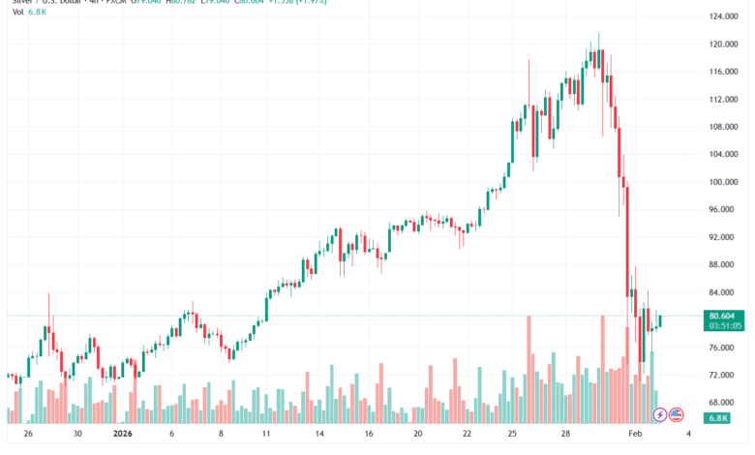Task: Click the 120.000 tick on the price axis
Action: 724,44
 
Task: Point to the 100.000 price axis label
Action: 724,182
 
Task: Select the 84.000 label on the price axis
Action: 724,292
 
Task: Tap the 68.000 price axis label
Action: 724,402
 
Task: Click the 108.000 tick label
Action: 724,127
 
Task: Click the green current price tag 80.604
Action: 724,316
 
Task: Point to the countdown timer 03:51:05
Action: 724,326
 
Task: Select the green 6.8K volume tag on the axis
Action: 718,418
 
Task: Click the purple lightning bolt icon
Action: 660,414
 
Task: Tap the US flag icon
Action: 677,414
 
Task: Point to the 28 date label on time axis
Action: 564,436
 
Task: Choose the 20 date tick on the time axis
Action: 418,436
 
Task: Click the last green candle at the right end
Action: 659,320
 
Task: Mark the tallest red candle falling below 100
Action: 627,237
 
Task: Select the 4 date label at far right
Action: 688,436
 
